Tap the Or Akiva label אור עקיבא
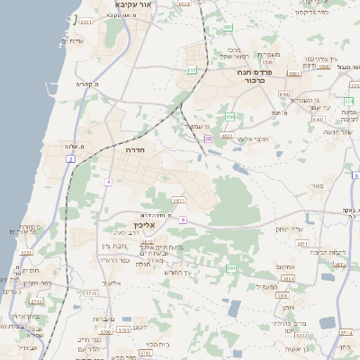tap(132, 5)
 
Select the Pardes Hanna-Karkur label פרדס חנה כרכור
tap(255, 76)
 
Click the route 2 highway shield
tap(70, 159)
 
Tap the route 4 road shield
tap(108, 182)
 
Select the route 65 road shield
tap(208, 139)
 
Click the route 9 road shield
tap(182, 220)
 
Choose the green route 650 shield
tap(229, 116)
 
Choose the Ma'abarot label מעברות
tap(103, 319)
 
